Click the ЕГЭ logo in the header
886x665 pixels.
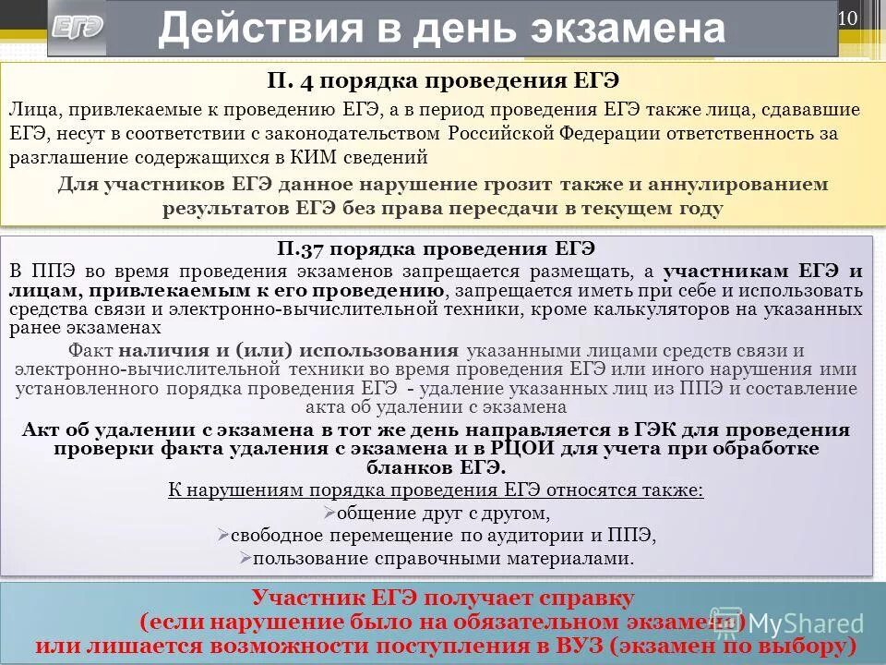[x=78, y=28]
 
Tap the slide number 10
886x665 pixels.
[x=848, y=18]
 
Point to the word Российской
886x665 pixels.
[x=511, y=133]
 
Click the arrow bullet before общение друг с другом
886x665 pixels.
[x=331, y=514]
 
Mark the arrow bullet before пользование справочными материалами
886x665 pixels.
[x=245, y=558]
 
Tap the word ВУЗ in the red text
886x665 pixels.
[x=575, y=645]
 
